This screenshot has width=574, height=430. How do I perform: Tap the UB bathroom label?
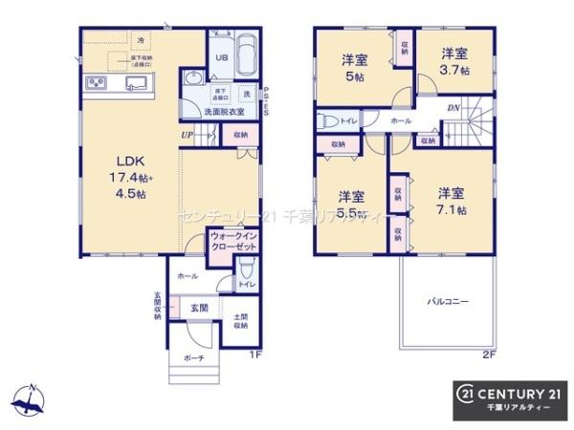point(220,58)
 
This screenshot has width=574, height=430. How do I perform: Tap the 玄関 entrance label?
point(198,308)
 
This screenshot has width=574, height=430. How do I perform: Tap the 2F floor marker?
point(488,355)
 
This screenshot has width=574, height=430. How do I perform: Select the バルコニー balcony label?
point(447,302)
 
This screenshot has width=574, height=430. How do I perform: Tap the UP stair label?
point(188,136)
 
